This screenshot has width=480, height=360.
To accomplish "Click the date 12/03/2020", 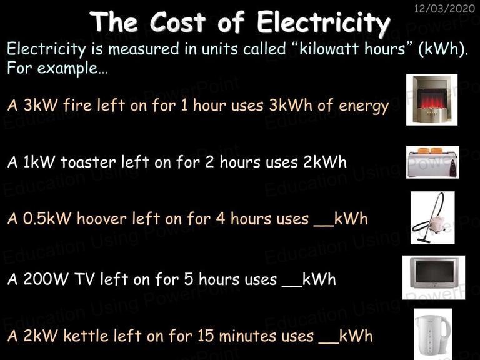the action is pos(444,8).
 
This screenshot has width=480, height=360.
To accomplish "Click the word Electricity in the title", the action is pos(324,23).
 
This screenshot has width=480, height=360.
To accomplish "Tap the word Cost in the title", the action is pos(178,21).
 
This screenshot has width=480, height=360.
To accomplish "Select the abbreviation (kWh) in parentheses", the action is pos(443,49).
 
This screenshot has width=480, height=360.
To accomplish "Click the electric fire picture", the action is pos(432,99).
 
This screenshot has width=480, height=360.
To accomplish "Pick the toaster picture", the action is pos(432,162).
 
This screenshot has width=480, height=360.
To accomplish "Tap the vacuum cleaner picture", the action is pos(432,217).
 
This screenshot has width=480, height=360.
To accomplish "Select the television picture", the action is pos(434,277).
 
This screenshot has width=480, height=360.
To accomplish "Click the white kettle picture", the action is pos(433,334).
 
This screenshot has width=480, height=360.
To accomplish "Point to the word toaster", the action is pos(88,162).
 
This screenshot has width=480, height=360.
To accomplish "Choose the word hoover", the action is pos(102,219).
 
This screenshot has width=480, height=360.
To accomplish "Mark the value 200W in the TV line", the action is pos(46,279).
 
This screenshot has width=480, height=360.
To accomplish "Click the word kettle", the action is pos(86,336).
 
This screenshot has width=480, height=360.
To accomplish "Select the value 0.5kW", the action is pos(47,219).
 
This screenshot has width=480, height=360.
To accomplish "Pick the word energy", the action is pos(364,106).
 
